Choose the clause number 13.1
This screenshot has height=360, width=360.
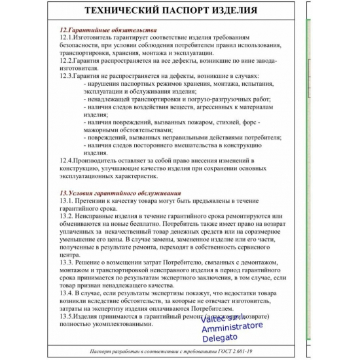pos(66,202)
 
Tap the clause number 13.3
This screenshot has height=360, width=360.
pos(66,262)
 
